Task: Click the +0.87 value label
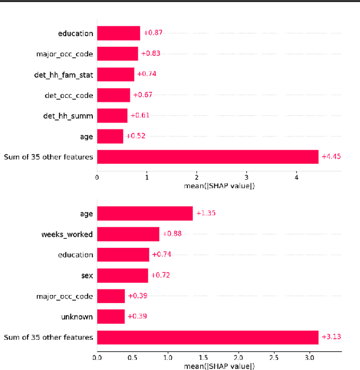[153, 33]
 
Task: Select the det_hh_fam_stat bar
[116, 74]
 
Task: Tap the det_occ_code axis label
[69, 95]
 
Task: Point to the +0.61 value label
[140, 115]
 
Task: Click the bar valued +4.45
[208, 157]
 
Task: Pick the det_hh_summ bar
[112, 115]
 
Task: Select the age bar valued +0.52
[110, 136]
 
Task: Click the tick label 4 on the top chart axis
[296, 179]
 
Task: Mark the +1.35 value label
[205, 213]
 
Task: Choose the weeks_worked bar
[128, 234]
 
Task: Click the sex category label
[87, 275]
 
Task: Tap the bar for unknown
[111, 316]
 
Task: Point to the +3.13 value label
[331, 337]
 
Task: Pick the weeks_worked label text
[67, 234]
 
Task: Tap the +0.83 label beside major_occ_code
[151, 54]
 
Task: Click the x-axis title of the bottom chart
[219, 365]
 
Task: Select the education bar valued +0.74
[123, 255]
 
